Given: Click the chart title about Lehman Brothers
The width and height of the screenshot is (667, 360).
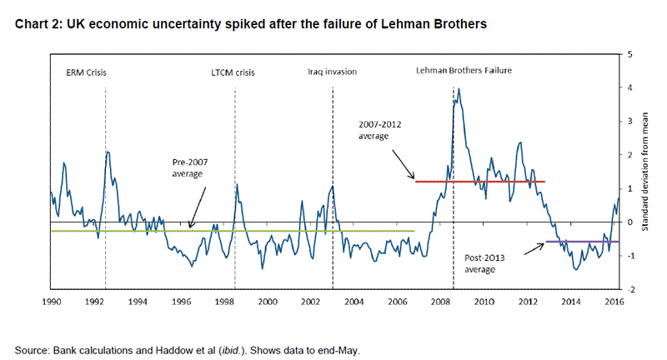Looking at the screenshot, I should tap(249, 24).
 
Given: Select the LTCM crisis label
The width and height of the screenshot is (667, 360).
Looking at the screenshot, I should tap(233, 72).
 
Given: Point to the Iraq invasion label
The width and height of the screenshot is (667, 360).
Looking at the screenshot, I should tap(332, 72).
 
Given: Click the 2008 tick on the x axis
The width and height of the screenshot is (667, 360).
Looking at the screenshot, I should tap(441, 299).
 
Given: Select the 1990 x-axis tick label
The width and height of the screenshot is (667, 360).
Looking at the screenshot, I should tap(52, 299).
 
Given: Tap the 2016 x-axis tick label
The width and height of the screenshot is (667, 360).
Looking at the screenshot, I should tap(614, 299).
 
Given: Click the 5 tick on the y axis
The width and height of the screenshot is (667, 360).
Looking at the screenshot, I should tap(628, 54).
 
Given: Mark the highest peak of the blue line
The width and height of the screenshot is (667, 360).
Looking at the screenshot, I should tap(459, 88).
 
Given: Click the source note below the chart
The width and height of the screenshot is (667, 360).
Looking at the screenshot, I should tap(188, 350).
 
